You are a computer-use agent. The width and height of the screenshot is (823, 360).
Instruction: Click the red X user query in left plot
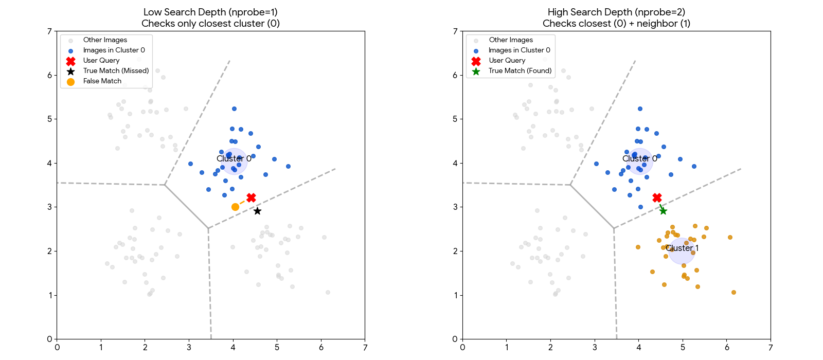(x=251, y=197)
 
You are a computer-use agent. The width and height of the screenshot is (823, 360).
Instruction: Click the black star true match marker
(x=257, y=211)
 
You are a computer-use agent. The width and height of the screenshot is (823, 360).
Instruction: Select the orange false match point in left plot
(x=235, y=207)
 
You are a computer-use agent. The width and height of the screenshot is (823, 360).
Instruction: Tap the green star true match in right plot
(x=663, y=211)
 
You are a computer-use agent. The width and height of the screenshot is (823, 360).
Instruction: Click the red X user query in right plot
(x=657, y=197)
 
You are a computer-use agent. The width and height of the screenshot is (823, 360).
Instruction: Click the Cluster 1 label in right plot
(x=682, y=248)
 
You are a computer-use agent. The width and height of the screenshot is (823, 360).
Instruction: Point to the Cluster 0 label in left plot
(x=234, y=158)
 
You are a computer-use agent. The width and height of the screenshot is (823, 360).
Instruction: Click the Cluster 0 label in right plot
(x=640, y=158)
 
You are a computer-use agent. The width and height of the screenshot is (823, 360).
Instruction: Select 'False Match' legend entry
(x=102, y=81)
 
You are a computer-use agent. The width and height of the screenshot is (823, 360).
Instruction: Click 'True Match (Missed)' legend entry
(x=116, y=71)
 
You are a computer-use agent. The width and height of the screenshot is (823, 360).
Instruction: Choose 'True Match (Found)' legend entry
(x=520, y=71)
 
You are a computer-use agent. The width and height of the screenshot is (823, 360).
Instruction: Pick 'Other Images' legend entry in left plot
(x=105, y=40)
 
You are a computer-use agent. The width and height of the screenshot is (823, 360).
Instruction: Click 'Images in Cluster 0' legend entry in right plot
(x=519, y=50)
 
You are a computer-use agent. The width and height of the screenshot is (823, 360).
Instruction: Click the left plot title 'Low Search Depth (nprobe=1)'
(x=210, y=12)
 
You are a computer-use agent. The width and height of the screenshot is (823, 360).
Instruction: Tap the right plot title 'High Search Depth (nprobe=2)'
(x=616, y=12)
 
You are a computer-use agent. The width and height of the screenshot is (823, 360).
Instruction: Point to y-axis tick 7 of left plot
(x=49, y=31)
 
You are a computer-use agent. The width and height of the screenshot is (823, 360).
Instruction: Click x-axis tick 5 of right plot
(x=683, y=348)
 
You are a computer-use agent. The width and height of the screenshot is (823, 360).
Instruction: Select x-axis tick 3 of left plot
(x=189, y=348)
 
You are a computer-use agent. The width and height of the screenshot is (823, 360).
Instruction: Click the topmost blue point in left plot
(x=234, y=109)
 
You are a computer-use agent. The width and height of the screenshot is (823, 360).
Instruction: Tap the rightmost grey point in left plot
(x=328, y=292)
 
